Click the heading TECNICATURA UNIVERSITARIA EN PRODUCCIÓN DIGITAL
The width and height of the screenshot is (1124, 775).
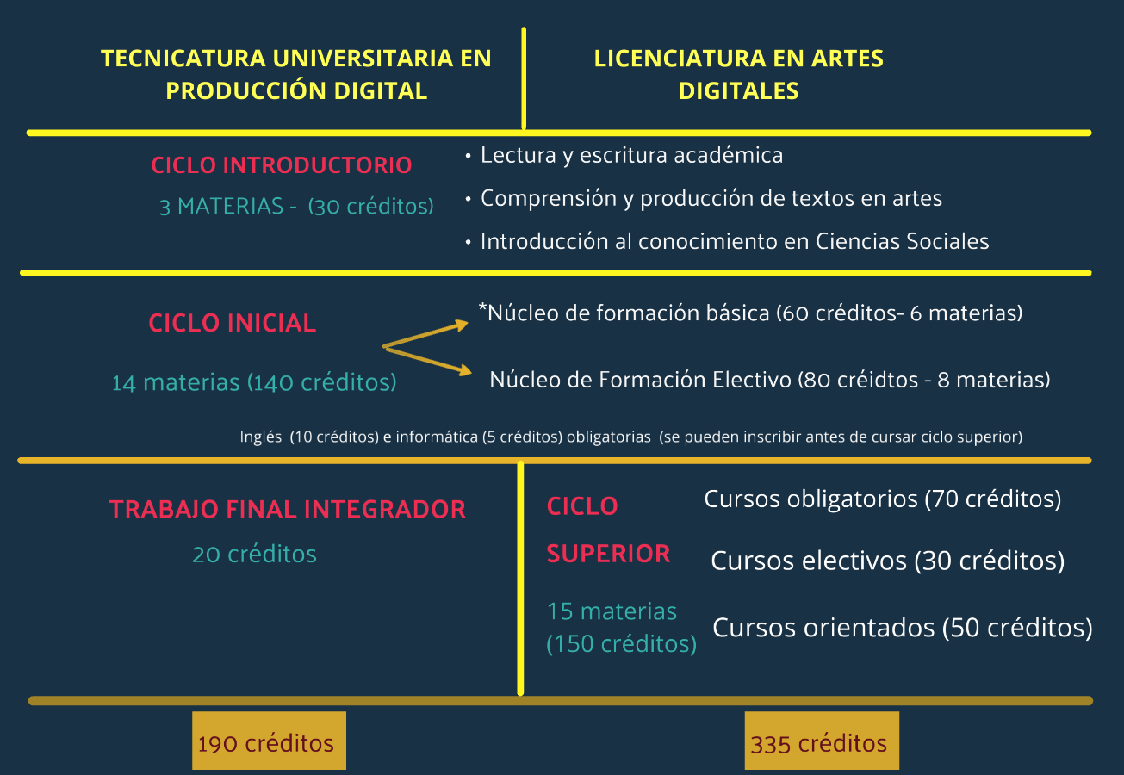click(296, 74)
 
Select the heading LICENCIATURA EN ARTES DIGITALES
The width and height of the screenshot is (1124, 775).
click(738, 74)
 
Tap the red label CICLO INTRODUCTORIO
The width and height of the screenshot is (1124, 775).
click(282, 165)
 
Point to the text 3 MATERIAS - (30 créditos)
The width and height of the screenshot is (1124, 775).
click(296, 207)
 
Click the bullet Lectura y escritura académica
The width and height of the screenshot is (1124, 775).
click(631, 156)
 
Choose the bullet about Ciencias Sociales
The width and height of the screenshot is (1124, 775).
click(734, 242)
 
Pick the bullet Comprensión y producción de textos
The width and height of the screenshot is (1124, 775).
click(711, 199)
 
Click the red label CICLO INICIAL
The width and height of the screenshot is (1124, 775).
click(233, 323)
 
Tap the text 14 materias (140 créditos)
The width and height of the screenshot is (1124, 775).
click(254, 382)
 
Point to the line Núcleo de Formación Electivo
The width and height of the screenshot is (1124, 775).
click(769, 380)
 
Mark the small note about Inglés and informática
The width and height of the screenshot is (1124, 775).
click(630, 437)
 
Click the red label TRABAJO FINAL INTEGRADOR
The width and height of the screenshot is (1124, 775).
click(287, 509)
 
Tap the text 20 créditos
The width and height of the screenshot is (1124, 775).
click(254, 554)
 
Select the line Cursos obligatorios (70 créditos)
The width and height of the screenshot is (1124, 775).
click(882, 499)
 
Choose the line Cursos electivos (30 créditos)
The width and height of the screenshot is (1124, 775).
click(887, 561)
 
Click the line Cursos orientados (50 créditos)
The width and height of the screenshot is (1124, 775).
click(903, 628)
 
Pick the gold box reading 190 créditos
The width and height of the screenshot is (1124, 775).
click(269, 741)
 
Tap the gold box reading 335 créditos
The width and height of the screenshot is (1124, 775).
click(822, 741)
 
